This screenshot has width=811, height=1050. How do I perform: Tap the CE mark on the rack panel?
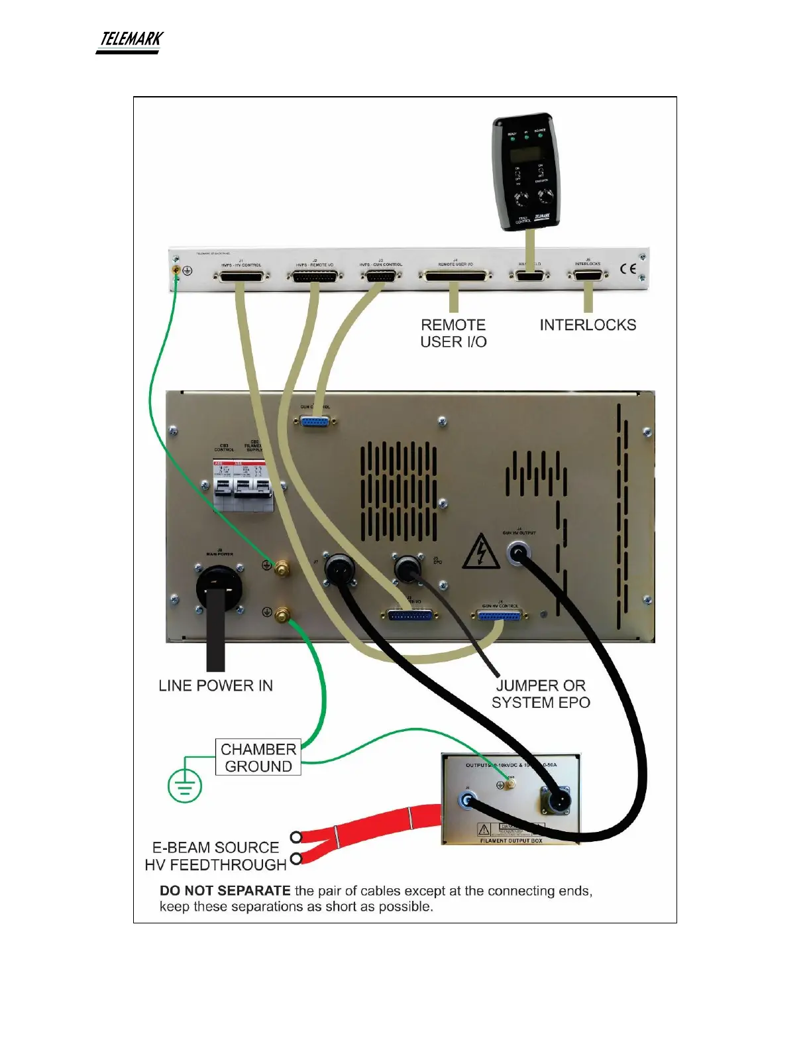pyautogui.click(x=628, y=268)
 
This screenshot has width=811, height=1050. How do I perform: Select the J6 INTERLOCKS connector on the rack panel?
pyautogui.click(x=587, y=275)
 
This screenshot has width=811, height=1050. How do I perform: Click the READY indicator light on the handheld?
pyautogui.click(x=512, y=139)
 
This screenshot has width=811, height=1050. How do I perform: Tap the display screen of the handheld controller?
pyautogui.click(x=523, y=154)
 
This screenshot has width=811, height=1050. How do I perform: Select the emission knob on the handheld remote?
pyautogui.click(x=546, y=196)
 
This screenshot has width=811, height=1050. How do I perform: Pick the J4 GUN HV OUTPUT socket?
pyautogui.click(x=518, y=552)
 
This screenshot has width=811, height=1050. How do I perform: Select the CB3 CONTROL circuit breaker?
pyautogui.click(x=225, y=486)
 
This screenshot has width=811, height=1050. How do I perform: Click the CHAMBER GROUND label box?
pyautogui.click(x=258, y=758)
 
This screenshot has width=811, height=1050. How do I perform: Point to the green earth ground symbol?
pyautogui.click(x=185, y=786)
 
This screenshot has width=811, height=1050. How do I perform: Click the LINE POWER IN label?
pyautogui.click(x=215, y=685)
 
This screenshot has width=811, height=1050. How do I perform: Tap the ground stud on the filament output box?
pyautogui.click(x=511, y=785)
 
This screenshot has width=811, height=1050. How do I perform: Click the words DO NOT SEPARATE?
pyautogui.click(x=225, y=891)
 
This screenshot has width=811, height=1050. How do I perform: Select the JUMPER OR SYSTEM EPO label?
pyautogui.click(x=541, y=694)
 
